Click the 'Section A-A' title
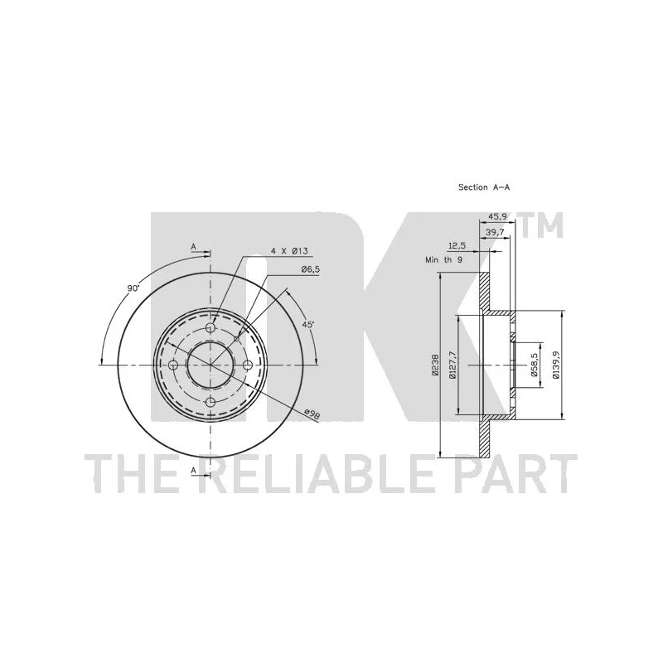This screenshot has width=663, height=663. (484, 187)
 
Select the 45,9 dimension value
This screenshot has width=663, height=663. (498, 216)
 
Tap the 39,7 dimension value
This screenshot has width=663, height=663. (495, 232)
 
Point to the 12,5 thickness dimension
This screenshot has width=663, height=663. (457, 245)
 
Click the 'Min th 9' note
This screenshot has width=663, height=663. (443, 259)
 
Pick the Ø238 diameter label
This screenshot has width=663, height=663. (434, 365)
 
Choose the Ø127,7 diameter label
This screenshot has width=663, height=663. (452, 365)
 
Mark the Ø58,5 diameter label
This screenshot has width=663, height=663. (534, 365)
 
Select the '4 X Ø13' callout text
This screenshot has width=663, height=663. (288, 251)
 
